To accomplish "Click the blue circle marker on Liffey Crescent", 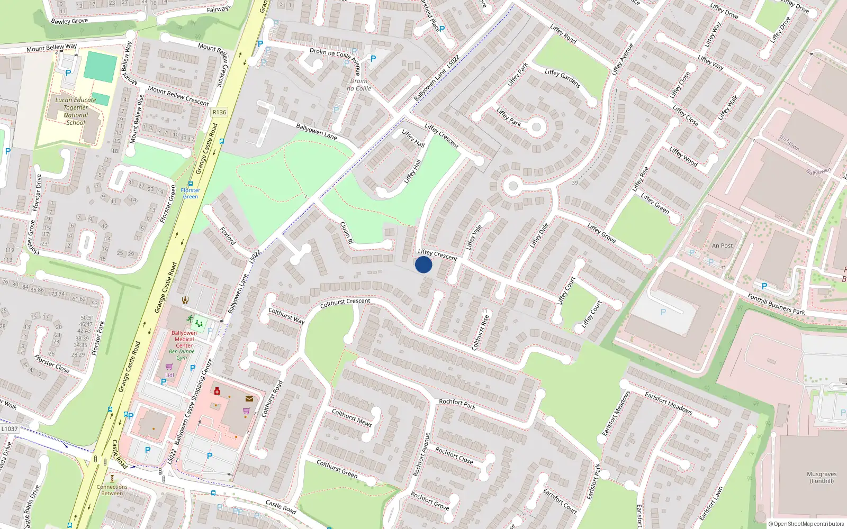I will click(424, 264).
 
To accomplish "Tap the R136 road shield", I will click(219, 112).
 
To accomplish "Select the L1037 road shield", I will click(10, 429).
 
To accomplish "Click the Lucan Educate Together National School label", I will click(76, 111).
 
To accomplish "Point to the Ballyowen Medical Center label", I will click(184, 339).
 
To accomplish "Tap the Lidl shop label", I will click(169, 375).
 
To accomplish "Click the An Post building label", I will click(722, 245).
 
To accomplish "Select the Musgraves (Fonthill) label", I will click(822, 478).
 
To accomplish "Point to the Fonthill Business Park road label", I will click(776, 304).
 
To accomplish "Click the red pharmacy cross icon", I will click(217, 391).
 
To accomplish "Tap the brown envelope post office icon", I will click(249, 399).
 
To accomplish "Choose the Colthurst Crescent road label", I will click(345, 303).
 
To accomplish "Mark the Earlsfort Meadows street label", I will click(668, 403).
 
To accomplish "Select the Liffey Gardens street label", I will click(562, 78).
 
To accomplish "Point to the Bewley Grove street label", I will click(69, 21).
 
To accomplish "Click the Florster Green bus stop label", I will click(191, 193).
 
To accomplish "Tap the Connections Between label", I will click(112, 490).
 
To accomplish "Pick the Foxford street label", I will click(228, 235).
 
